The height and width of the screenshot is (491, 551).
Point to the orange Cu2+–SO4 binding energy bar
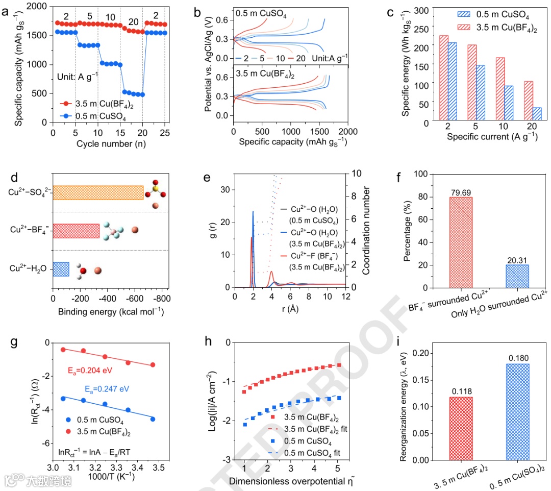tap(98, 192)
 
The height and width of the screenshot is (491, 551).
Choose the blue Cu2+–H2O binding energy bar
tap(61, 269)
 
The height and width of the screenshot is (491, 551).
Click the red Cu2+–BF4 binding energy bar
tap(76, 231)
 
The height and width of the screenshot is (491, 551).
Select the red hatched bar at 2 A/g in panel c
tap(444, 79)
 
